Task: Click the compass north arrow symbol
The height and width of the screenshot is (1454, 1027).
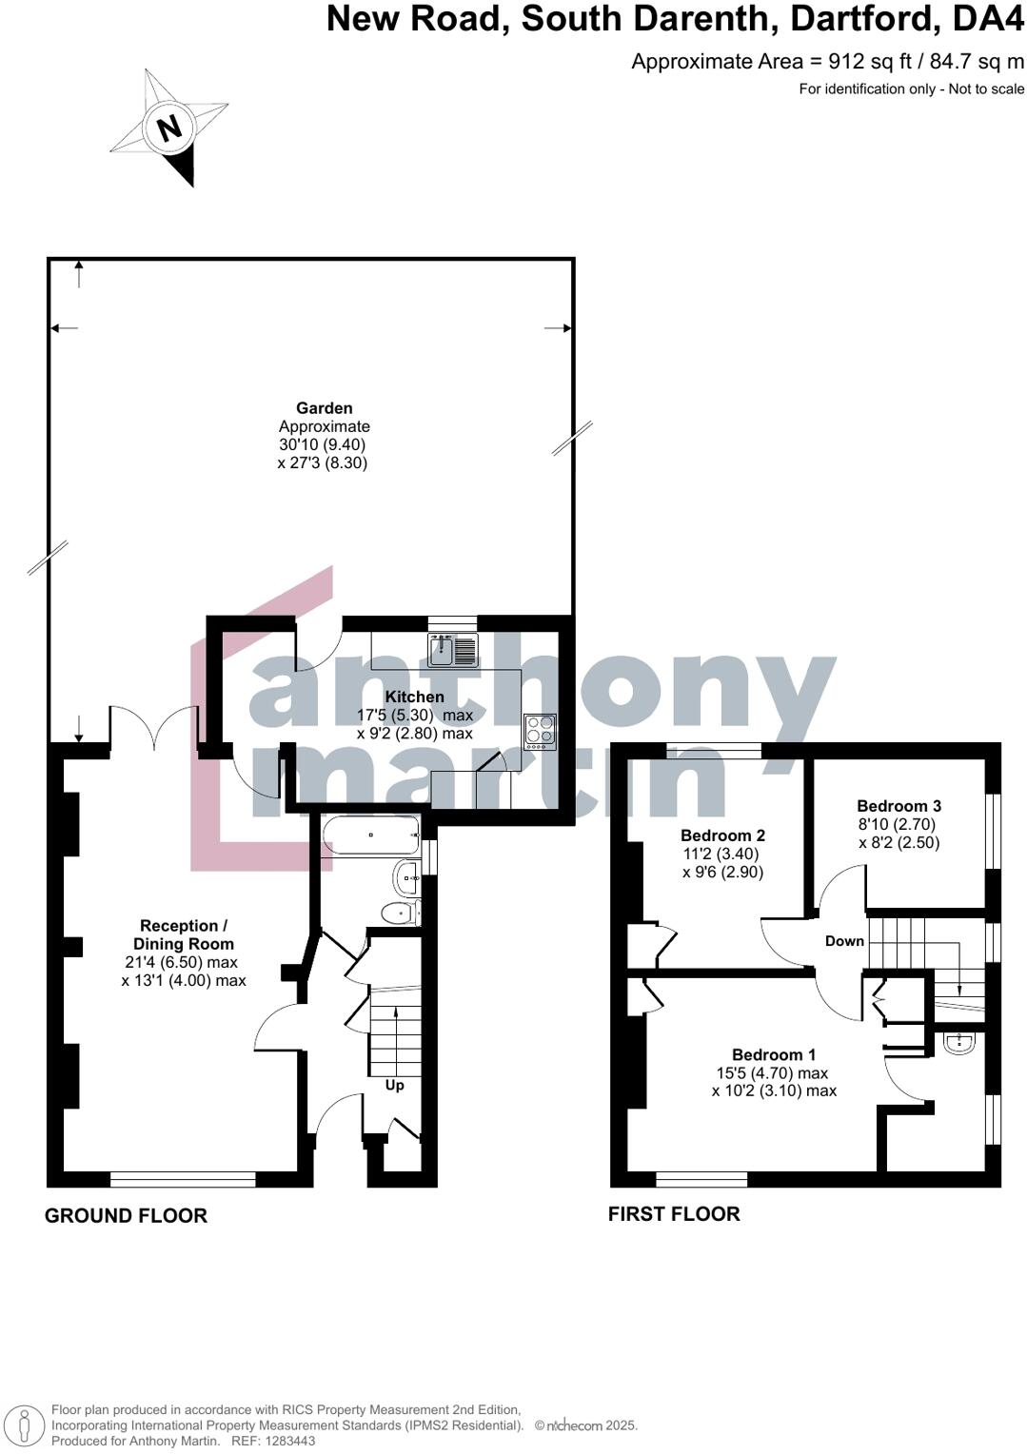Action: tap(169, 128)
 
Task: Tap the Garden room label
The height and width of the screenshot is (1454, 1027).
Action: tap(324, 408)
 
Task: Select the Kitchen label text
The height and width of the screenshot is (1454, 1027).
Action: tap(414, 697)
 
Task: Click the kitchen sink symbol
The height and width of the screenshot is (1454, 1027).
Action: tap(452, 650)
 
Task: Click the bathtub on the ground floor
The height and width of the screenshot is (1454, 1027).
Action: tap(370, 836)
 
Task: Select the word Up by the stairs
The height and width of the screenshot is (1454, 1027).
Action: tap(394, 1085)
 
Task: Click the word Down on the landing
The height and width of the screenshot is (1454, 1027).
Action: tap(844, 941)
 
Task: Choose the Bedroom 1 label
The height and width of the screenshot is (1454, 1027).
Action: tap(773, 1054)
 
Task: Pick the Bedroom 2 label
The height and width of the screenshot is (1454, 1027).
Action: tap(722, 835)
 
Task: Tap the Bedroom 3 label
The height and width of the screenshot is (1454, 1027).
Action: tap(899, 806)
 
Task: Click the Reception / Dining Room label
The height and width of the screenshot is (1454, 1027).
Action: tap(184, 934)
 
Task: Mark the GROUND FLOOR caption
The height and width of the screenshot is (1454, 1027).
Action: tap(126, 1215)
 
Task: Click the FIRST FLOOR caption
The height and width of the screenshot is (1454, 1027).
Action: tap(674, 1213)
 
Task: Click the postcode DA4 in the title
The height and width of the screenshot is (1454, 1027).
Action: tap(990, 19)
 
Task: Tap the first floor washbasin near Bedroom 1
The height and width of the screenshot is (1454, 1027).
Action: tap(958, 1044)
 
